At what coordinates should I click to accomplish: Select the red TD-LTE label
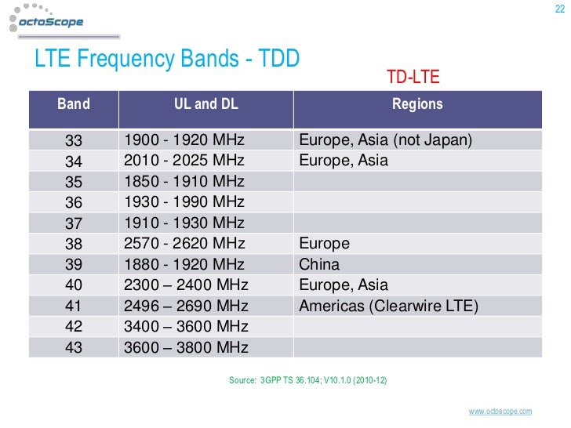coord(413,77)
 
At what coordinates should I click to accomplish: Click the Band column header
coord(73,103)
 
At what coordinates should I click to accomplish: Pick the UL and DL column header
coord(205,103)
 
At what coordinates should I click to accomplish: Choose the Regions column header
coord(417,103)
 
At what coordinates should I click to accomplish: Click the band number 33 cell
coord(74,141)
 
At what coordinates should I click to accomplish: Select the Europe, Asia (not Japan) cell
coord(385,141)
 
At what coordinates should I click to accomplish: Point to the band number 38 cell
coord(74,244)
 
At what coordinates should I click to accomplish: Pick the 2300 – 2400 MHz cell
coord(187,285)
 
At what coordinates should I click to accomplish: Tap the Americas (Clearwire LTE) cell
coord(388,306)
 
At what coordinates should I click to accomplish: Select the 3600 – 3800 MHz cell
coord(187,347)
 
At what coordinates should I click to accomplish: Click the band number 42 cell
coord(74,327)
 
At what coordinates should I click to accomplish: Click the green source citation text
coord(307,380)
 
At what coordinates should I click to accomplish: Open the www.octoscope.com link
coord(500,412)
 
